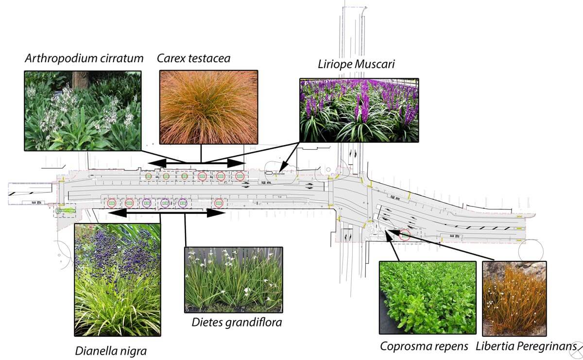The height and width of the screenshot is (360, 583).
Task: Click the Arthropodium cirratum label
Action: pos(84,59)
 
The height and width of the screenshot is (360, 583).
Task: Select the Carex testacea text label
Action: pos(193,59)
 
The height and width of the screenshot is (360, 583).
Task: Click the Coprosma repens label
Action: pos(424,346)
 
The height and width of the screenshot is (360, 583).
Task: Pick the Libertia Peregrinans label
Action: pos(526,346)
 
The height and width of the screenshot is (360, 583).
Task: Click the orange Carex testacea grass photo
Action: pos(208,107)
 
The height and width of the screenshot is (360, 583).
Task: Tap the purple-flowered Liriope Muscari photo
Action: pos(359,111)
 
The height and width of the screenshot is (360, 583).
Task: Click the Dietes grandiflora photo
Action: pos(234,279)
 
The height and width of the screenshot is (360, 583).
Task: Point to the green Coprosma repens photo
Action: pos(427,297)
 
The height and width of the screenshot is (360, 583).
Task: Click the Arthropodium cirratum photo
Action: pos(83,110)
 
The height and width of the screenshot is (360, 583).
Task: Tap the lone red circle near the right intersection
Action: pos(405,235)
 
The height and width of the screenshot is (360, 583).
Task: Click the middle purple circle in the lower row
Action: pos(165,203)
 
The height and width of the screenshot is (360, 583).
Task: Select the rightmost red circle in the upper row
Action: pos(240,176)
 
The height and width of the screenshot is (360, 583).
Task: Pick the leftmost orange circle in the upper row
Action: pos(148,176)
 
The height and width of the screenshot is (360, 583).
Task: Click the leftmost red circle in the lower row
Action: pos(129,203)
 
